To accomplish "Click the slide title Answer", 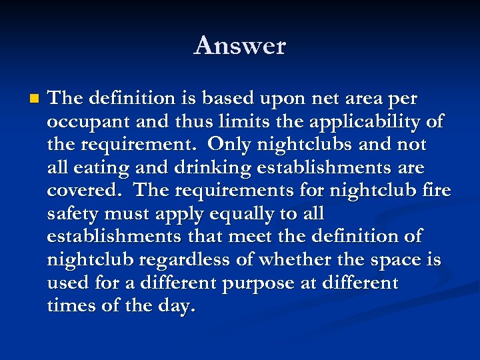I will [x=240, y=46].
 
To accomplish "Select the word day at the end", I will [x=179, y=307].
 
